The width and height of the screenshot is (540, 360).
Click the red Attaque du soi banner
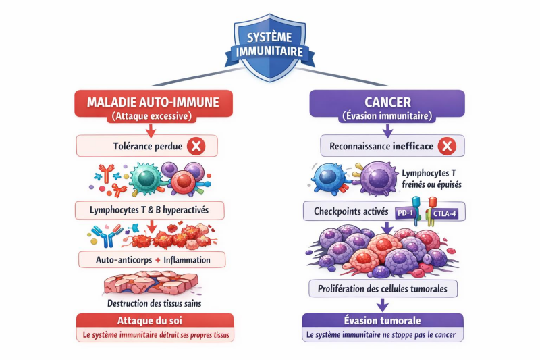[155, 321]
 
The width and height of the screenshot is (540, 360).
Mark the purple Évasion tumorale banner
[382, 321]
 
